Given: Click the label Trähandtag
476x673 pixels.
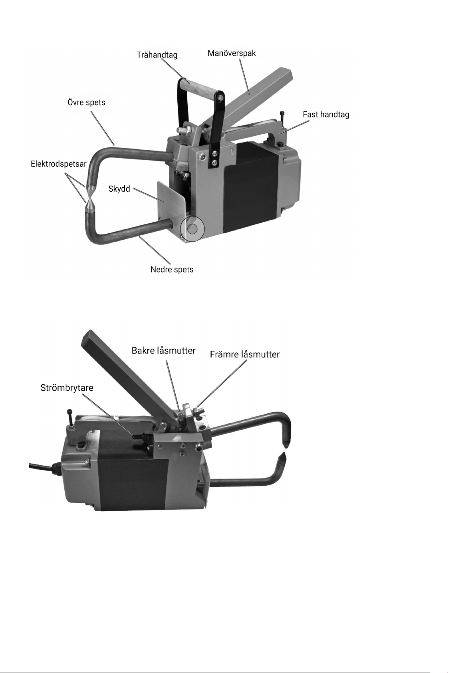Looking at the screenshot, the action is pyautogui.click(x=157, y=55).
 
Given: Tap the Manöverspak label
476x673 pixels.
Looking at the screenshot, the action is pyautogui.click(x=232, y=53).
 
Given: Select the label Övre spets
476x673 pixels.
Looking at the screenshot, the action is pyautogui.click(x=86, y=102).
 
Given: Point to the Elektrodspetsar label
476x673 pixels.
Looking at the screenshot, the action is pyautogui.click(x=59, y=164).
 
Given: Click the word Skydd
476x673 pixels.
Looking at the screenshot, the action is pyautogui.click(x=119, y=189).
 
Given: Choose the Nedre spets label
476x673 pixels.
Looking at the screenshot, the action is pyautogui.click(x=172, y=270).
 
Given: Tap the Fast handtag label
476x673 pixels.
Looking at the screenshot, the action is pyautogui.click(x=326, y=115).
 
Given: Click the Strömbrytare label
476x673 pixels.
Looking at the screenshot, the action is pyautogui.click(x=67, y=388).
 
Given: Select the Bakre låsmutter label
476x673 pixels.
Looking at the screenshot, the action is pyautogui.click(x=164, y=351).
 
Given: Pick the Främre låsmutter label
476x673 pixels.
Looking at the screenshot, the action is pyautogui.click(x=245, y=354).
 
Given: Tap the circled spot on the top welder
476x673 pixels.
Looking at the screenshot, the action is pyautogui.click(x=192, y=229).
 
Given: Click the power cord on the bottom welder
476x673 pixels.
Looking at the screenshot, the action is pyautogui.click(x=40, y=466).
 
